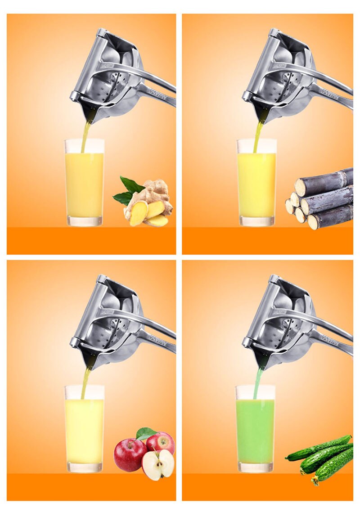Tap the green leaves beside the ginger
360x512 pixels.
tap(128, 189)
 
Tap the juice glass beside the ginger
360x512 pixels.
tap(84, 184)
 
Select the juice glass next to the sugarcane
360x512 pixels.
tap(256, 184)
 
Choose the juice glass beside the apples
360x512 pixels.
tap(84, 430)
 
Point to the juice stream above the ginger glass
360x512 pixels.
tap(85, 135)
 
